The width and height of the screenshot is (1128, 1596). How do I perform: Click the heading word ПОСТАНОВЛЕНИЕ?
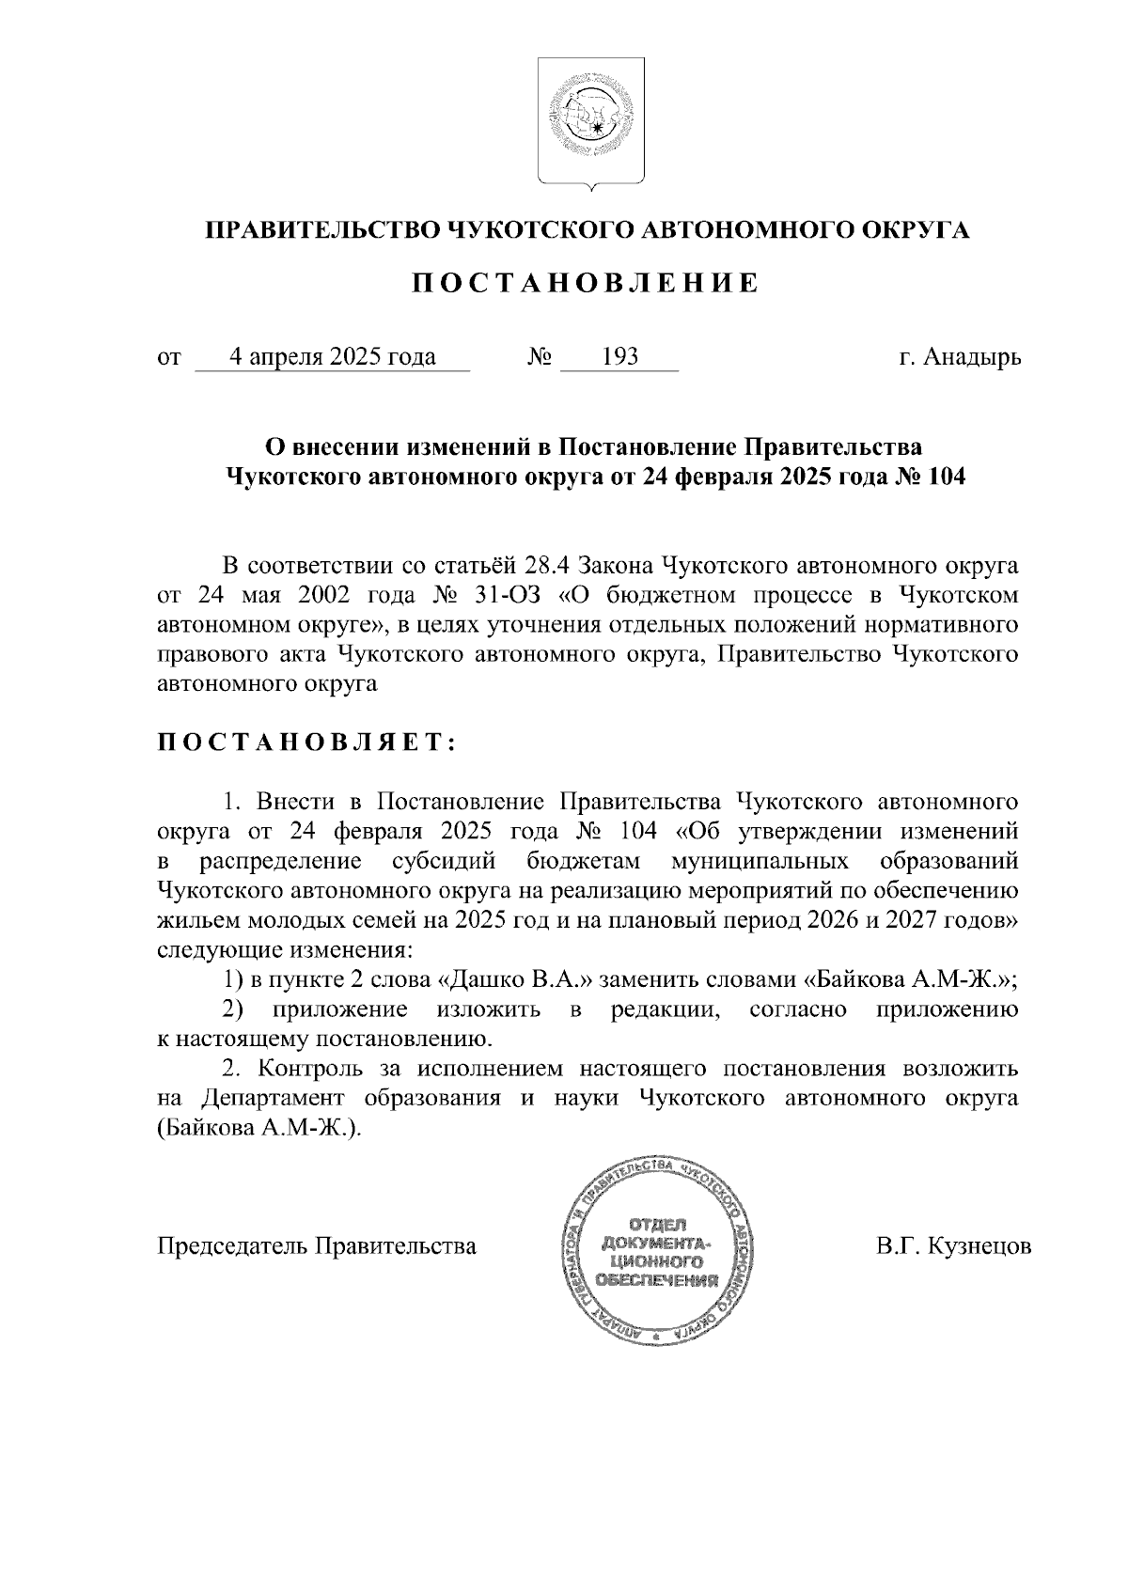pyautogui.click(x=575, y=284)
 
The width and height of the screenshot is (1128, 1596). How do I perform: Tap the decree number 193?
pyautogui.click(x=619, y=357)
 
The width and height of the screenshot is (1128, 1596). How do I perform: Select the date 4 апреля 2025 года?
pyautogui.click(x=333, y=357)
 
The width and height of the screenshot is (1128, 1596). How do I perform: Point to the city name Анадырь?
pyautogui.click(x=971, y=358)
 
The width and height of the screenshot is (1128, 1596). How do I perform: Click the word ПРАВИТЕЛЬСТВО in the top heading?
pyautogui.click(x=319, y=231)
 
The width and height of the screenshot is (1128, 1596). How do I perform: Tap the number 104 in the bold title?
pyautogui.click(x=946, y=477)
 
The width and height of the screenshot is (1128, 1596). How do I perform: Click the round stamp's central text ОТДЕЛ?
pyautogui.click(x=656, y=1224)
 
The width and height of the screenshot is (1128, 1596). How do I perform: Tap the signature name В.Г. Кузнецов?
pyautogui.click(x=953, y=1247)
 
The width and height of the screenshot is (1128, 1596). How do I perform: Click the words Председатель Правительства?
pyautogui.click(x=317, y=1247)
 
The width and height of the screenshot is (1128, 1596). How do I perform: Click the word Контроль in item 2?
pyautogui.click(x=316, y=1069)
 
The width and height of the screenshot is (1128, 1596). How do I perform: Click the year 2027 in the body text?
pyautogui.click(x=935, y=920)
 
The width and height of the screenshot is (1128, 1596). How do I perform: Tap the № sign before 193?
pyautogui.click(x=539, y=358)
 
